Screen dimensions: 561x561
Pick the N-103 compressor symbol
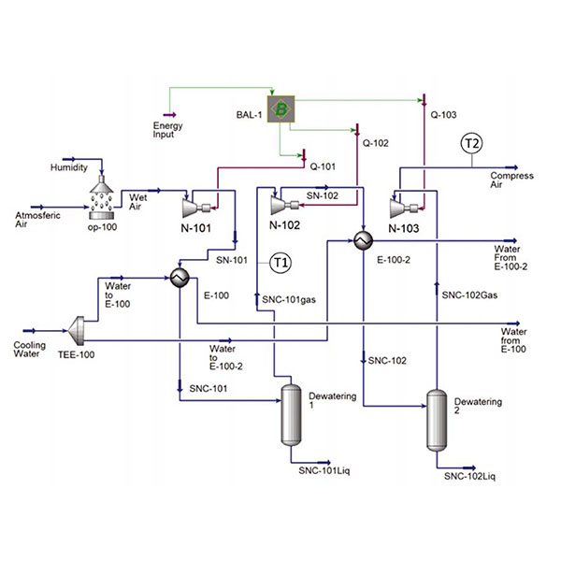pos(400,204)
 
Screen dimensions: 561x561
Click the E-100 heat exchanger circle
pos(178,278)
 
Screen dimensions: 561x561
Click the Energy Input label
pos(169,129)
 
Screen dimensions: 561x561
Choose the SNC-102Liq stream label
pos(470,477)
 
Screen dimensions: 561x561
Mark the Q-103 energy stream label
pos(443,116)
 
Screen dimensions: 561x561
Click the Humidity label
pos(69,167)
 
